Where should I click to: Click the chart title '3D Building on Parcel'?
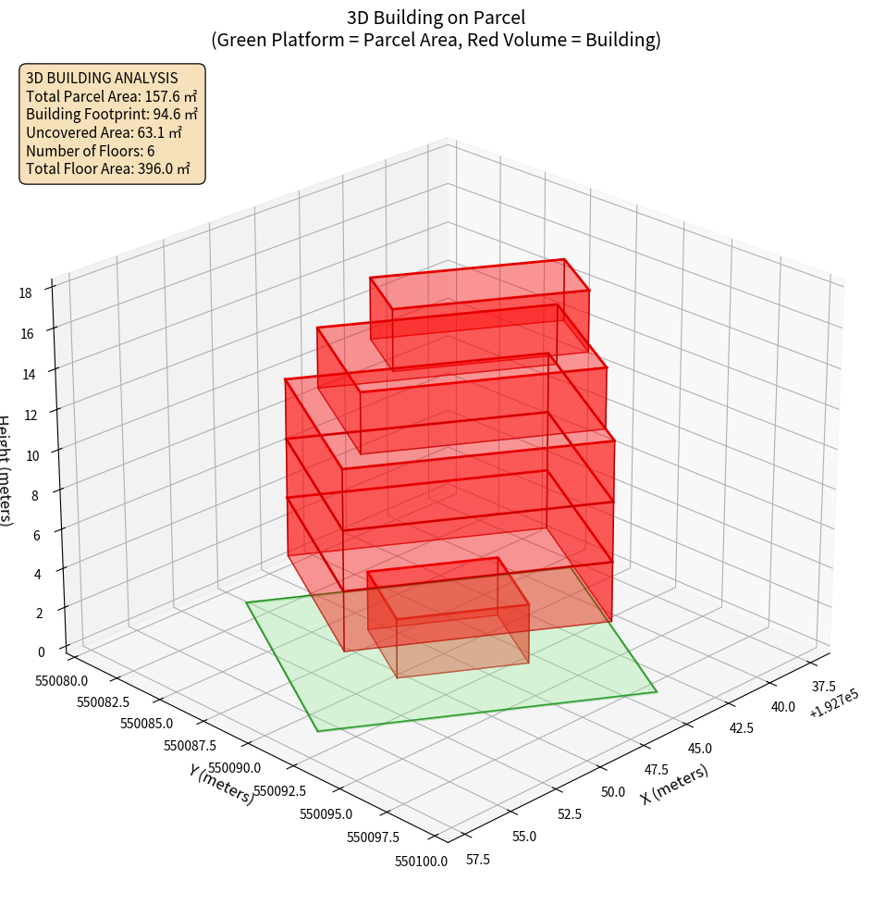436,17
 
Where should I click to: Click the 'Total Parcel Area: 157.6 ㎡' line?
111,95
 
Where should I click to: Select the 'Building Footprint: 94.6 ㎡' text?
112,114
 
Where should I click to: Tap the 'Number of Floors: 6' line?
91,151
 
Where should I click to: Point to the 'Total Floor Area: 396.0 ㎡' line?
108,169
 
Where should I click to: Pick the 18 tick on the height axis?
25,293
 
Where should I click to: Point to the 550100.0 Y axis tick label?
421,862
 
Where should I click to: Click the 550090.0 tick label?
234,768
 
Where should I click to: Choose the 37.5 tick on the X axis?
823,687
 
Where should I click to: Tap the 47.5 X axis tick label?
655,770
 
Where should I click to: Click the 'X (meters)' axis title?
675,784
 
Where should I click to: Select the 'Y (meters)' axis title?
221,784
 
